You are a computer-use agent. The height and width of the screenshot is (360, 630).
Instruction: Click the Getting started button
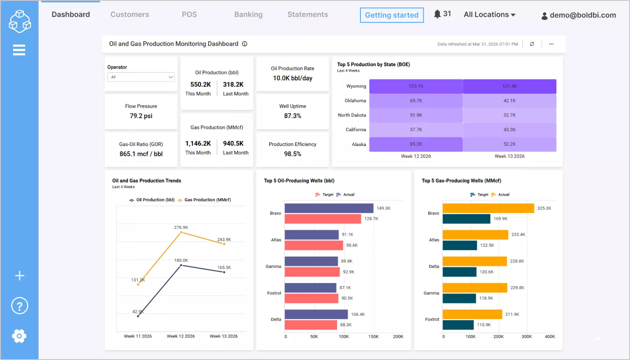tap(391, 15)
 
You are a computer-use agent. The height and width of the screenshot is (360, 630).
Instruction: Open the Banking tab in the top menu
tap(248, 14)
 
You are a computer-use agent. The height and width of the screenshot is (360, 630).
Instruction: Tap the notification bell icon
tap(437, 14)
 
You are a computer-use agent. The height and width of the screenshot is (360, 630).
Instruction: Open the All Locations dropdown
tap(489, 14)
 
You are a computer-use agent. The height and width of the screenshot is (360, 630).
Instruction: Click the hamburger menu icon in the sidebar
tap(19, 50)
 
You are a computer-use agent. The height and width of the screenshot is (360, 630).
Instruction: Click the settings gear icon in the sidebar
tap(19, 336)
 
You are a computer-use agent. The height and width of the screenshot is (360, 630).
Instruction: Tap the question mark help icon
tap(20, 306)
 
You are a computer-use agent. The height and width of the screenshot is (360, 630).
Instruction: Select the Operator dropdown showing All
tap(141, 77)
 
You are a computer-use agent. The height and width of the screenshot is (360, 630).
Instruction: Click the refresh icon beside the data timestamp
tap(532, 44)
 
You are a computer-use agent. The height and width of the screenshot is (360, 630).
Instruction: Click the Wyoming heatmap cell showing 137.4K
tap(509, 86)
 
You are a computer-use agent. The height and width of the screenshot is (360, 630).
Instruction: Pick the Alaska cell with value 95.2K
tap(416, 144)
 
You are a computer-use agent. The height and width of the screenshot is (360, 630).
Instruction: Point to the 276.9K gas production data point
tap(181, 233)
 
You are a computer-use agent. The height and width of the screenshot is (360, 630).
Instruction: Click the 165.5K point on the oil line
tap(224, 272)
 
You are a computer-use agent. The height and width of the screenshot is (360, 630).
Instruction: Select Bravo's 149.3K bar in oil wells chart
tap(329, 208)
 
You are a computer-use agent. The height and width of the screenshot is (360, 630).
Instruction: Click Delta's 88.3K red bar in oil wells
tap(311, 325)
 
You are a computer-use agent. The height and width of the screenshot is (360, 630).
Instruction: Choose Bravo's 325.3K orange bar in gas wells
tap(488, 208)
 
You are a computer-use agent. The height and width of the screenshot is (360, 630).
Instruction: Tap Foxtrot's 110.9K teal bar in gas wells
tap(458, 325)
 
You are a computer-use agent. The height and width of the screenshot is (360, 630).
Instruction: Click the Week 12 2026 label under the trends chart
tap(181, 336)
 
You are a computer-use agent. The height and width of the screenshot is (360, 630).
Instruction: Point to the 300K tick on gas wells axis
tap(526, 337)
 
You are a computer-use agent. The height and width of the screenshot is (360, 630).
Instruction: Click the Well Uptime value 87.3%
tap(292, 116)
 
